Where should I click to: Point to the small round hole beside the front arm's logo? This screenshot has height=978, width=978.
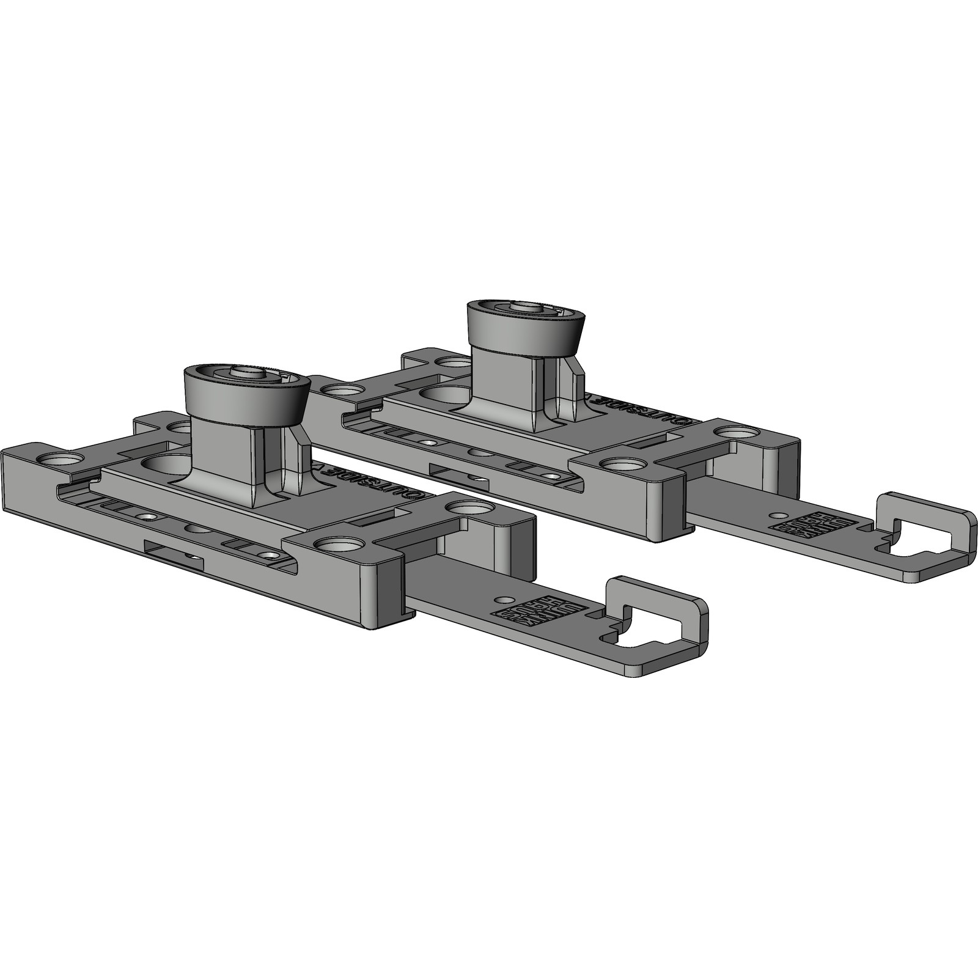pos(504,600)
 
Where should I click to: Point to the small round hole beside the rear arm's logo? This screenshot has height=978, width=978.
pos(777,515)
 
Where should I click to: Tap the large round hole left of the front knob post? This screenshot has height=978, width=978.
pos(165,462)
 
